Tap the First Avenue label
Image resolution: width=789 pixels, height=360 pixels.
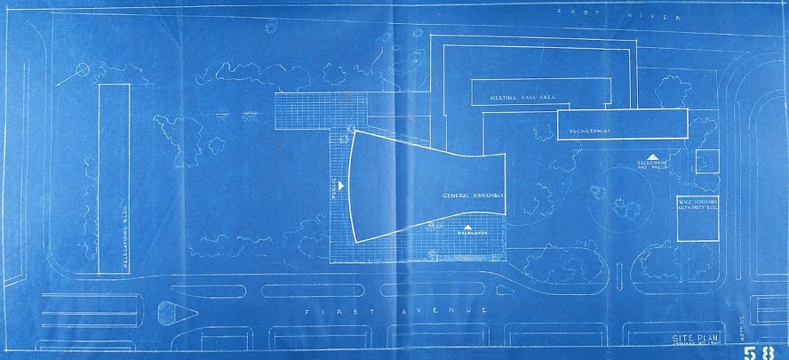[x=395, y=311]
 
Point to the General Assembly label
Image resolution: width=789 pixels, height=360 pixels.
[x=474, y=195]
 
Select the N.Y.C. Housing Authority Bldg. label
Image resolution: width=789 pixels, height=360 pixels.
[x=697, y=206]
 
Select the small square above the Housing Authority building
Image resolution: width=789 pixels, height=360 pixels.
[x=706, y=162]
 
